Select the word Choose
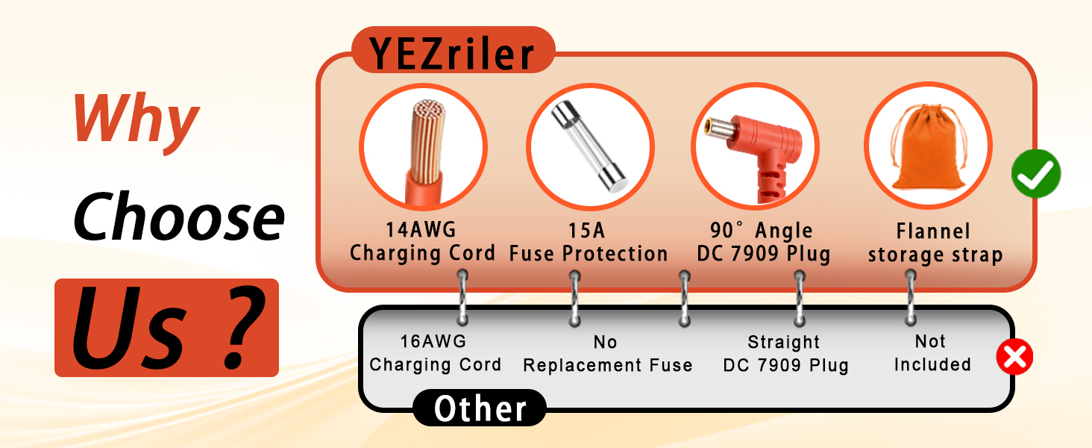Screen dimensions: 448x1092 179,216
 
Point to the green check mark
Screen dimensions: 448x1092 1035,173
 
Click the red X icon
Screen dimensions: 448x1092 1014,358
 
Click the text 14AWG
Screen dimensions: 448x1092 422,229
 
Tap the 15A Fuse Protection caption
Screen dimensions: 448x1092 589,242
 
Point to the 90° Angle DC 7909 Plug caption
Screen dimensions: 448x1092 763,242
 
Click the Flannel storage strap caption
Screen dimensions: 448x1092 935,243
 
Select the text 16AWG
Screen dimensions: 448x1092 433,342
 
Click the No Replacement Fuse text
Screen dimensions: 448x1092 607,354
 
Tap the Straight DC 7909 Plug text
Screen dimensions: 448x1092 785,354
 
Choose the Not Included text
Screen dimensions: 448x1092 932,353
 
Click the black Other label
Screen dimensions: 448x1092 480,408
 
